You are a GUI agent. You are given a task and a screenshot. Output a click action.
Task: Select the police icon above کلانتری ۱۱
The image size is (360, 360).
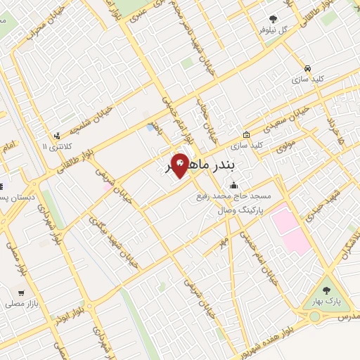57,135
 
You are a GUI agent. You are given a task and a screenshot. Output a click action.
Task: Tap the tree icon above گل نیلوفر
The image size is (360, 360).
273,19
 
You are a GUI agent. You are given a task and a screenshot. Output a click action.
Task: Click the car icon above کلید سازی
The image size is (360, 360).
308,68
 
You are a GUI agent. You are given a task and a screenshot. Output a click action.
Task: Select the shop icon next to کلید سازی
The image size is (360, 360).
246,134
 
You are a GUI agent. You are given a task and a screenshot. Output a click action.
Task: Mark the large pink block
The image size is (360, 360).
290,229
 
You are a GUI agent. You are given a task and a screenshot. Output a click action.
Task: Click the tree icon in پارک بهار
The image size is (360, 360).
325,290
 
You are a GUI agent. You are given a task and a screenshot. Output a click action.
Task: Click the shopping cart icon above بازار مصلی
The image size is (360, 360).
23,291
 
